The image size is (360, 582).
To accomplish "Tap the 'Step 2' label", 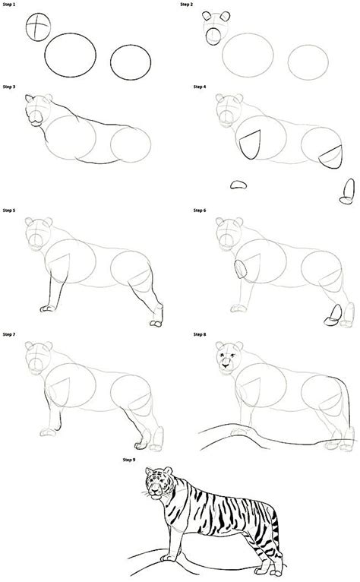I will coord(187,5).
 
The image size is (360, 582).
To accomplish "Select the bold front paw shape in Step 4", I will coord(238,184).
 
